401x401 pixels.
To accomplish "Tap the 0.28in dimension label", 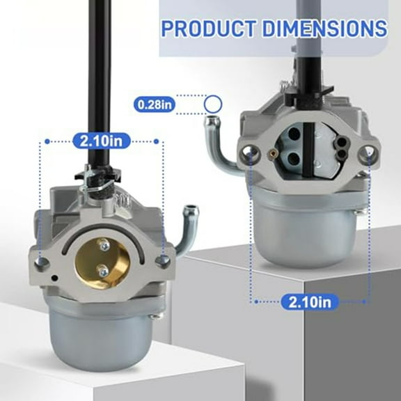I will pos(155,105).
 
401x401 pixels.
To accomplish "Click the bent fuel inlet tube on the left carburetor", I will pos(186,226).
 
